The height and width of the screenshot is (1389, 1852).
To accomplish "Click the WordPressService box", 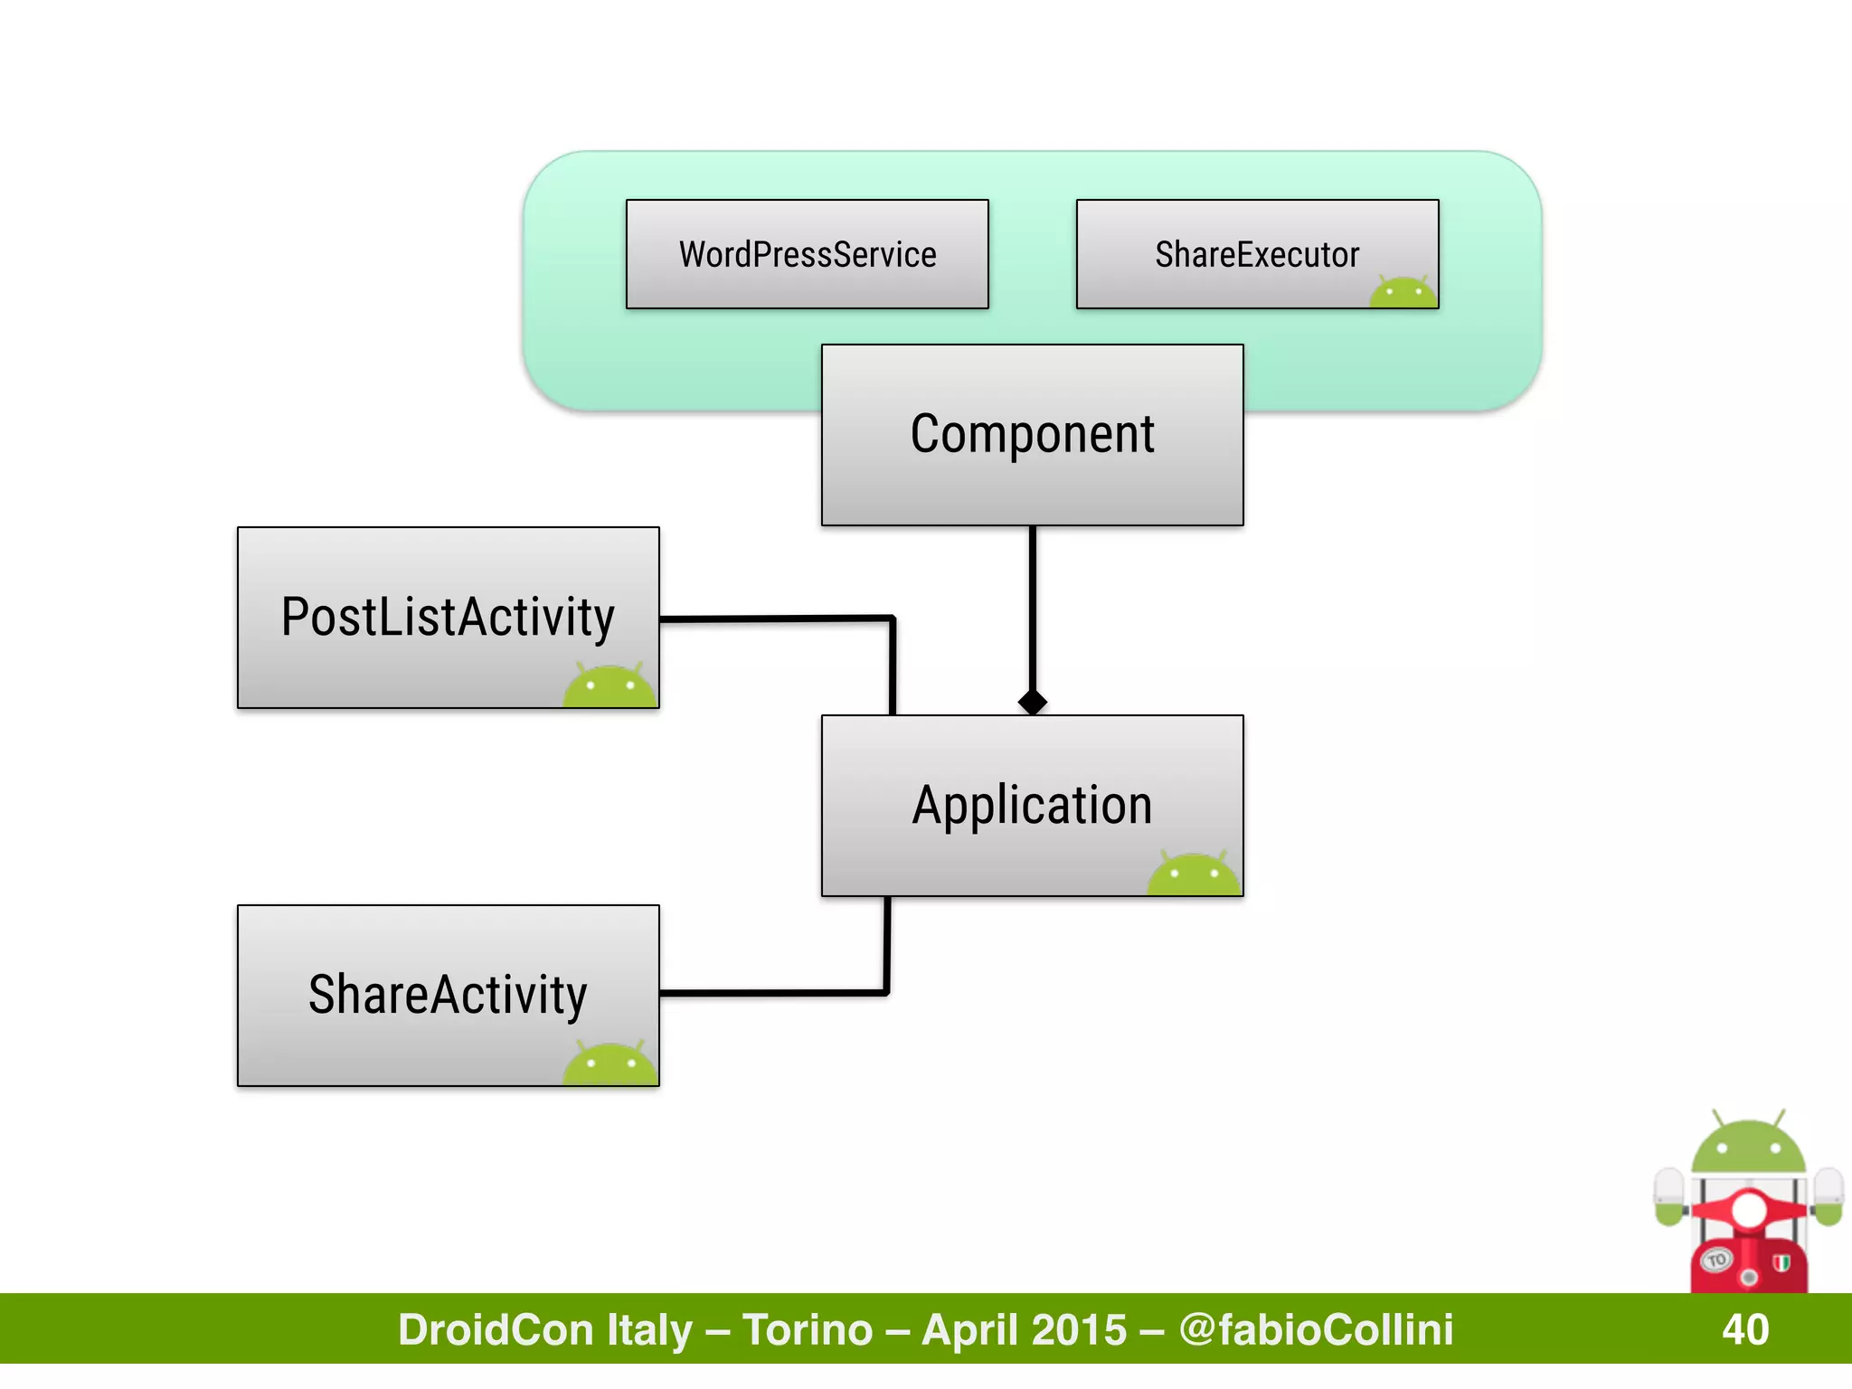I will point(807,254).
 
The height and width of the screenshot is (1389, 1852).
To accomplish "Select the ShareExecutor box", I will point(1256,254).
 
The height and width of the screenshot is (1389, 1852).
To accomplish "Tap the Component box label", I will point(1032,434).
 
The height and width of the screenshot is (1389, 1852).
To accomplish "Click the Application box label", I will point(1032,805).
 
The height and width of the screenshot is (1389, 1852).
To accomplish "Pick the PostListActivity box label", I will point(448,617).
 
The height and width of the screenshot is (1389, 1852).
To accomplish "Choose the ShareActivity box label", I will point(448,995).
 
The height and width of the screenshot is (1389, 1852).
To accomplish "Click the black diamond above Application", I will point(1032,702).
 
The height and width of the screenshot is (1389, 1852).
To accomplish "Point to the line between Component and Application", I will point(1032,606).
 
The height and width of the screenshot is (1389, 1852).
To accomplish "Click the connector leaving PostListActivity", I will point(778,619).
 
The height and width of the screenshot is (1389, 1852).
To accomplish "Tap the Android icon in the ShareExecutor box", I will point(1403,293).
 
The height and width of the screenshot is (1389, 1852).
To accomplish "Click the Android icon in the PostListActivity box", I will point(609,686).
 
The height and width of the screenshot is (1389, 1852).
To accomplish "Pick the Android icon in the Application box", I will point(1194,874).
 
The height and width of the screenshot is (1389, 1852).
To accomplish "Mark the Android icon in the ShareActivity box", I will point(609,1064).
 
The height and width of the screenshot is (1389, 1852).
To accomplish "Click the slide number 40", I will point(1745,1329).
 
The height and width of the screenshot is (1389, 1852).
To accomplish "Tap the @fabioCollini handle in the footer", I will point(1316,1329).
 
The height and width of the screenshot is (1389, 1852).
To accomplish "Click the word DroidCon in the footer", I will point(496,1329).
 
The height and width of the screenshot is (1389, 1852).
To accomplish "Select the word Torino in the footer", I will point(808,1329).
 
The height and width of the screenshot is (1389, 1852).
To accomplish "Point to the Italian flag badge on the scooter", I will point(1781,1262).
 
